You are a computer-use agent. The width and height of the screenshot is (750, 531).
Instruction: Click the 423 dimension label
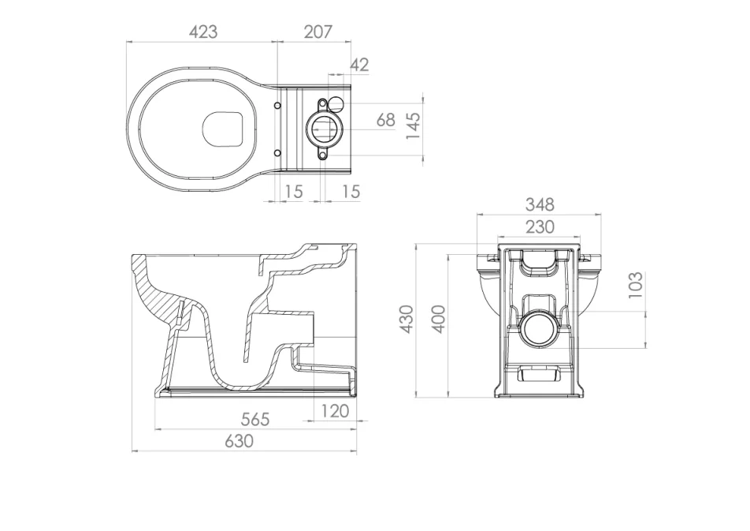202,32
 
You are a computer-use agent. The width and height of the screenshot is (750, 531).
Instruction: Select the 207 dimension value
317,32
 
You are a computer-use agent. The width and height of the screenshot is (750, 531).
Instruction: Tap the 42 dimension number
359,65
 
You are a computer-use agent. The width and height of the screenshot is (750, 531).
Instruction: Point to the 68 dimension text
385,120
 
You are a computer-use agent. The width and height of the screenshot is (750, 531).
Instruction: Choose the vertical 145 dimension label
412,126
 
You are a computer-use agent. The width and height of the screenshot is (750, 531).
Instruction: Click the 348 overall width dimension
540,204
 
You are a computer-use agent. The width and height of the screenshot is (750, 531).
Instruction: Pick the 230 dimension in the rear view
540,227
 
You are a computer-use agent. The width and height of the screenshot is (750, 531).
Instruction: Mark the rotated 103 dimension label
637,284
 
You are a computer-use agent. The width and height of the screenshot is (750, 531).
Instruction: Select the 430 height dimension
407,319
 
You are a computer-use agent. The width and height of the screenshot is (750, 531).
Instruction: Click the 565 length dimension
254,419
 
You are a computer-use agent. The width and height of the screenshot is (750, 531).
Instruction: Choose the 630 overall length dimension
239,441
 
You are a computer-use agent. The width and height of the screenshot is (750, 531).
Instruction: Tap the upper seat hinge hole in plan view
277,106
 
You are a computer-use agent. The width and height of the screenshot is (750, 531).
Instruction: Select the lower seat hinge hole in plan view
277,152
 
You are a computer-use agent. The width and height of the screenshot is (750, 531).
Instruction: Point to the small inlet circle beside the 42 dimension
336,102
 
